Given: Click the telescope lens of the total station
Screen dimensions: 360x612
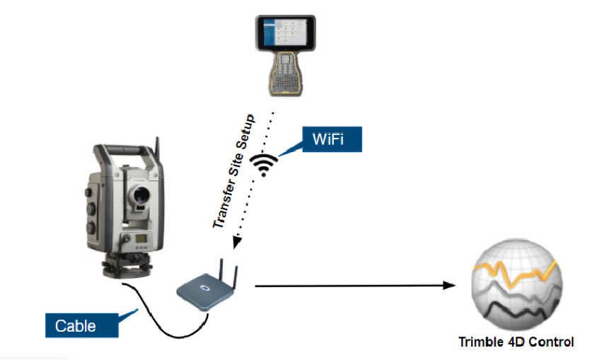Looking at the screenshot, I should click(136, 190).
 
